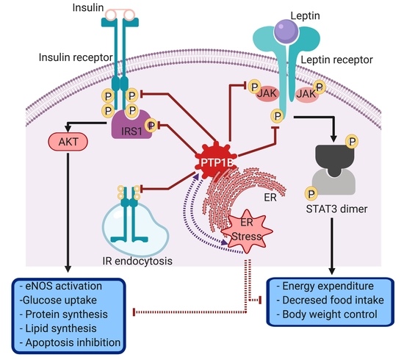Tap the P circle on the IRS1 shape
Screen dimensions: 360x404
[151, 126]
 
